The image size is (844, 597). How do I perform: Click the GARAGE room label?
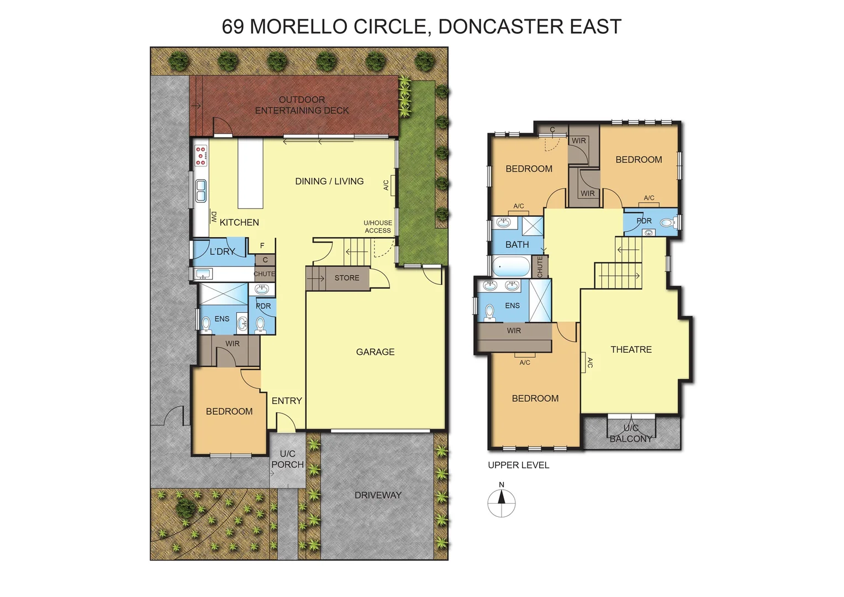coord(375,352)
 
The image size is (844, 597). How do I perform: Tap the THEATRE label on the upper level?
coord(631,349)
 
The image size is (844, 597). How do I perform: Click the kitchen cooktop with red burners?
coord(201,155)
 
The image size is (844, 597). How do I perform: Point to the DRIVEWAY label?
coord(378,495)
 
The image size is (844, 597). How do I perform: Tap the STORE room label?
coord(346,278)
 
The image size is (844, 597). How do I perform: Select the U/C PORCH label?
coord(287,459)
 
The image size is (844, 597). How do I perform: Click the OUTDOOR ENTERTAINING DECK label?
coord(302,105)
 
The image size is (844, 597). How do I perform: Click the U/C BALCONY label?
coord(631,433)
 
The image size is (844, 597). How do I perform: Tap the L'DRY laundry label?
coord(222,252)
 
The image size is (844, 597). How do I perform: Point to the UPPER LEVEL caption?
coord(518,465)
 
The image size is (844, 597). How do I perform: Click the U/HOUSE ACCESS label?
coord(378,227)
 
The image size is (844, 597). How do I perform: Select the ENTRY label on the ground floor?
coord(287,401)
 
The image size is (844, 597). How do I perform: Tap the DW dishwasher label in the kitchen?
coord(213,217)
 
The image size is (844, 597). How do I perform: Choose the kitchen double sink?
coord(201,190)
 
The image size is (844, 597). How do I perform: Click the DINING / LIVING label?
coord(329,181)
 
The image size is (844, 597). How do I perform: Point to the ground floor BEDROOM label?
coord(229,411)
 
